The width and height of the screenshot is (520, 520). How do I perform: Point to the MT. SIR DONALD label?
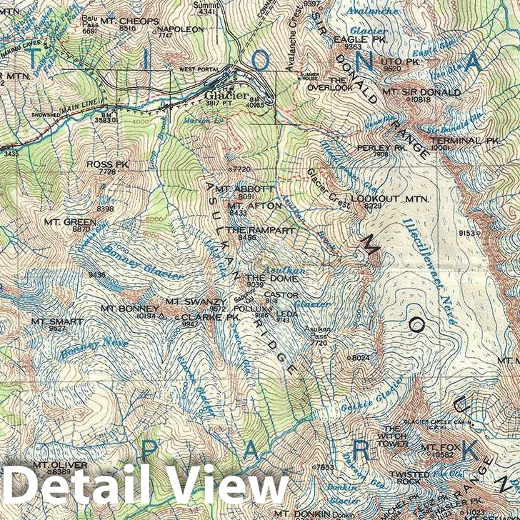pos(421,92)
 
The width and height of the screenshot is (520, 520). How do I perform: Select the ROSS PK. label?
pos(101,164)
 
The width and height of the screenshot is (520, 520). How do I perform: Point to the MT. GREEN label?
pos(79,222)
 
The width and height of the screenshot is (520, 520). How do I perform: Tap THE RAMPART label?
pos(250,230)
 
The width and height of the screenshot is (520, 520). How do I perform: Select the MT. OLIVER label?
pos(60,465)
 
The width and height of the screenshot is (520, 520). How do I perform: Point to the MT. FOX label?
pos(437,448)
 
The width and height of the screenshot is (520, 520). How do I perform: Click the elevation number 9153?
pos(467,233)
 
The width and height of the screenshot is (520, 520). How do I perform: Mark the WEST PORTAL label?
pos(197,69)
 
